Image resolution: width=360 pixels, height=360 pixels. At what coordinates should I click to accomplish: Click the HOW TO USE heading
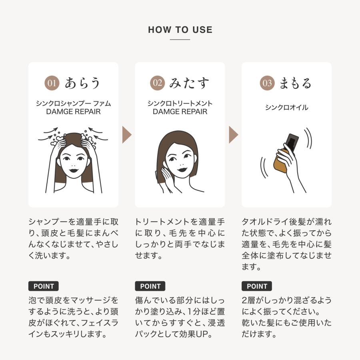pyautogui.click(x=180, y=30)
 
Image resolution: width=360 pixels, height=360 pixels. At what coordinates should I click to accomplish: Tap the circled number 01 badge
pyautogui.click(x=52, y=83)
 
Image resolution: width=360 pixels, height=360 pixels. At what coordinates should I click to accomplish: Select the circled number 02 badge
pyautogui.click(x=158, y=83)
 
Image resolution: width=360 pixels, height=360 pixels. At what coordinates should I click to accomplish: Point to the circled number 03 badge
pyautogui.click(x=267, y=83)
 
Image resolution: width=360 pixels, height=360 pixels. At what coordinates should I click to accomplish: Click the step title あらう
pyautogui.click(x=82, y=83)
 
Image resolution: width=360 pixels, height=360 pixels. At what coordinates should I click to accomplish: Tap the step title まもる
pyautogui.click(x=295, y=83)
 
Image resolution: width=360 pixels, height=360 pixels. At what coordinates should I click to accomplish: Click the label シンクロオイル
pyautogui.click(x=286, y=108)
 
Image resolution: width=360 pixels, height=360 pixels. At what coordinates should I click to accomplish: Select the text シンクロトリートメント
pyautogui.click(x=180, y=104)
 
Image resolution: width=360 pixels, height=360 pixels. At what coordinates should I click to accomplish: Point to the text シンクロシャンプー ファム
pyautogui.click(x=73, y=104)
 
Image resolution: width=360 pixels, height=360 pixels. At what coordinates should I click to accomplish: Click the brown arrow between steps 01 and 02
pyautogui.click(x=127, y=135)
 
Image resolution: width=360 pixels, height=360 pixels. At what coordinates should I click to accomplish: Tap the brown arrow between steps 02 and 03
pyautogui.click(x=233, y=135)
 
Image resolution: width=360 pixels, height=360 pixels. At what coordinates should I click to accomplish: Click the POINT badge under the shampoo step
pyautogui.click(x=44, y=286)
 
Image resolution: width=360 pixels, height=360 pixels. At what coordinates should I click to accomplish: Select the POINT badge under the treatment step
pyautogui.click(x=150, y=286)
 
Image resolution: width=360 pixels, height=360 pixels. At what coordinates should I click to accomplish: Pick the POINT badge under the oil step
pyautogui.click(x=257, y=286)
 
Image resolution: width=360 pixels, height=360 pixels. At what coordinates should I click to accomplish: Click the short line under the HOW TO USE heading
pyautogui.click(x=180, y=40)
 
